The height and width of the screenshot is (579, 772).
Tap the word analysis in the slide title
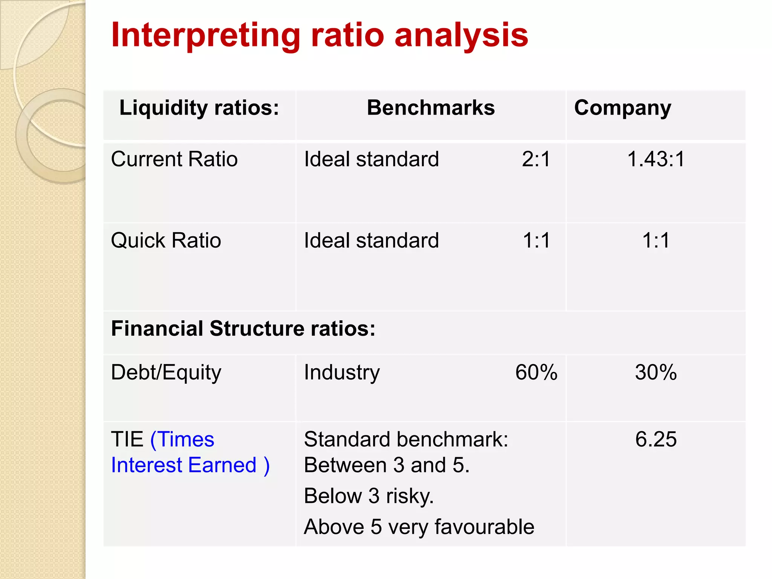[x=461, y=35]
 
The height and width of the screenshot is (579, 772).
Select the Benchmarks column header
[x=430, y=108]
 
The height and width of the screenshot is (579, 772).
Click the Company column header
[x=622, y=108]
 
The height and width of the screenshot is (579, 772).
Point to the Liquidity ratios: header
[x=199, y=108]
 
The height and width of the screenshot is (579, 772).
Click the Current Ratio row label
[x=174, y=159]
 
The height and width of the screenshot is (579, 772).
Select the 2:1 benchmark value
[x=536, y=159]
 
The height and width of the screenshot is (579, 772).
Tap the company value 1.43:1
[x=656, y=159]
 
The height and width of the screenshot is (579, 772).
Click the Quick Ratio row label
[x=166, y=240]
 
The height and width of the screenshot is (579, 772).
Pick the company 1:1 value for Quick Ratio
[x=656, y=240]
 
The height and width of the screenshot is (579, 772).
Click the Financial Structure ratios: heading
[x=243, y=329]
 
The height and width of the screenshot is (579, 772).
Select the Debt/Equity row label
[x=166, y=372]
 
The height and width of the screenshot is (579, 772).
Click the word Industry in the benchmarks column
[x=342, y=372]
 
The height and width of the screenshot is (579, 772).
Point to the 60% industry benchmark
[x=536, y=372]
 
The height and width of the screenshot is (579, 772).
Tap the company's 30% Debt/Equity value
[x=656, y=372]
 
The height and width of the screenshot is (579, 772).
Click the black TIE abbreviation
[x=127, y=440]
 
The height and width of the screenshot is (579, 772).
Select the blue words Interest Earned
[x=184, y=465]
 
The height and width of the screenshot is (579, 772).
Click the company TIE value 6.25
[x=656, y=440]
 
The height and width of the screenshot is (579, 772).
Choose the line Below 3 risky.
[x=369, y=496]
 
